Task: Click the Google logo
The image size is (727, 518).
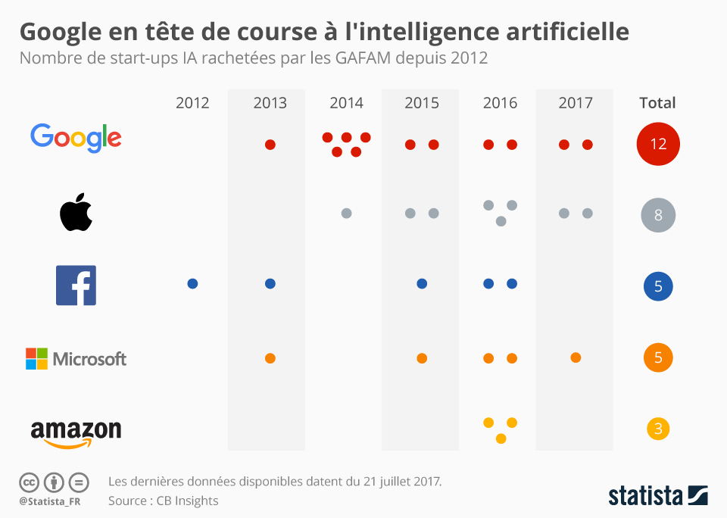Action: point(76,139)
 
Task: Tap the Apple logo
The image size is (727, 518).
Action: point(76,212)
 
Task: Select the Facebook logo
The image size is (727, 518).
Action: point(76,286)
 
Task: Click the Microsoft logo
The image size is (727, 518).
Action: point(76,358)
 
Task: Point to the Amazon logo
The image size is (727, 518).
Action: point(76,432)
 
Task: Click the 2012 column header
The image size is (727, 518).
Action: point(192,103)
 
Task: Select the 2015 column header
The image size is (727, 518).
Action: point(422,103)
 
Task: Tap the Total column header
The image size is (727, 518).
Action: point(657,103)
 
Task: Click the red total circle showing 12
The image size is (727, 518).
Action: point(658,144)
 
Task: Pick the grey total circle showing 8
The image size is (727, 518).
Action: point(658,215)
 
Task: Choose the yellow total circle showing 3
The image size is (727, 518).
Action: point(658,429)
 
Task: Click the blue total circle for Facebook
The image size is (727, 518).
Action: point(658,286)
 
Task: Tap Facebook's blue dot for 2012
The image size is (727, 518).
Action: point(192,283)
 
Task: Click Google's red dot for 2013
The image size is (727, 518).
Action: point(270,144)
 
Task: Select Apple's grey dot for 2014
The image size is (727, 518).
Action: point(346,214)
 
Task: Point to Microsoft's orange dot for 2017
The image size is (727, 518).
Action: point(576,357)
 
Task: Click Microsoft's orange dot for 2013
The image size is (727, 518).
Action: point(270,358)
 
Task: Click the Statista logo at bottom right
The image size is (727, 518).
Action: point(657,496)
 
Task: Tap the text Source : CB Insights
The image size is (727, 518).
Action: point(163,501)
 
